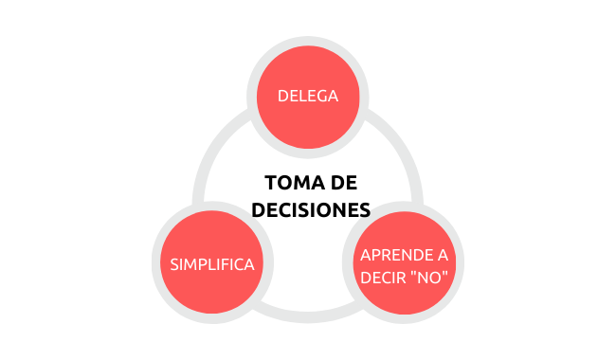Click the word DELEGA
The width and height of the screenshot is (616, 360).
(308, 97)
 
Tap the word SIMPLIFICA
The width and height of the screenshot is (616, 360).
(212, 264)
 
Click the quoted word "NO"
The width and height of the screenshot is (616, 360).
(427, 278)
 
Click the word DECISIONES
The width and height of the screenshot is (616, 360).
(311, 210)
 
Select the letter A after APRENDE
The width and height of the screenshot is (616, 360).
(443, 255)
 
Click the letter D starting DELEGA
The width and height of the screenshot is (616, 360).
(282, 97)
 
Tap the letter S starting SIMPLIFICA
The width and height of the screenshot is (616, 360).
(174, 264)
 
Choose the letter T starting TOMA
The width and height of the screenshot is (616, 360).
(271, 183)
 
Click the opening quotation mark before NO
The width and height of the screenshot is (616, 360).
(410, 273)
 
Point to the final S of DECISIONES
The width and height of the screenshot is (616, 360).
(366, 210)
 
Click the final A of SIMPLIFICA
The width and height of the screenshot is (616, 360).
(248, 264)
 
